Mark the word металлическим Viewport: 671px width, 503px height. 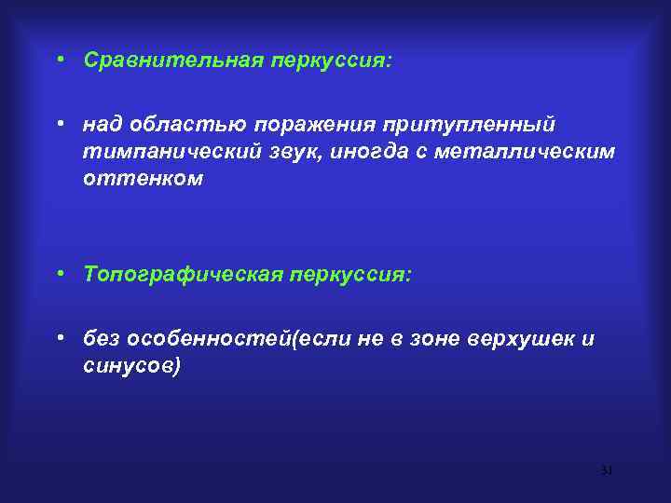(x=536, y=151)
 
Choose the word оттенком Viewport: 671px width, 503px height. (x=142, y=177)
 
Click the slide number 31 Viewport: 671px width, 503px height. (x=607, y=470)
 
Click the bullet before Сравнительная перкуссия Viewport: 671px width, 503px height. (x=59, y=60)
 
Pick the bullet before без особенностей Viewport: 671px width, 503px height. (x=59, y=338)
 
